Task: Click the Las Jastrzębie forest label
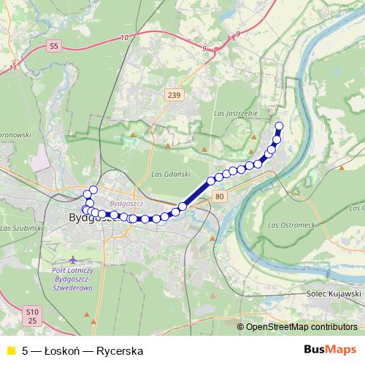pyautogui.click(x=234, y=113)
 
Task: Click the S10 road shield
pyautogui.click(x=30, y=311)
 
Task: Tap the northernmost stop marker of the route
pyautogui.click(x=278, y=125)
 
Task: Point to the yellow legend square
pyautogui.click(x=10, y=350)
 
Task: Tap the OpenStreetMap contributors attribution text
pyautogui.click(x=301, y=327)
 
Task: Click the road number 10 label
pyautogui.click(x=125, y=37)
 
